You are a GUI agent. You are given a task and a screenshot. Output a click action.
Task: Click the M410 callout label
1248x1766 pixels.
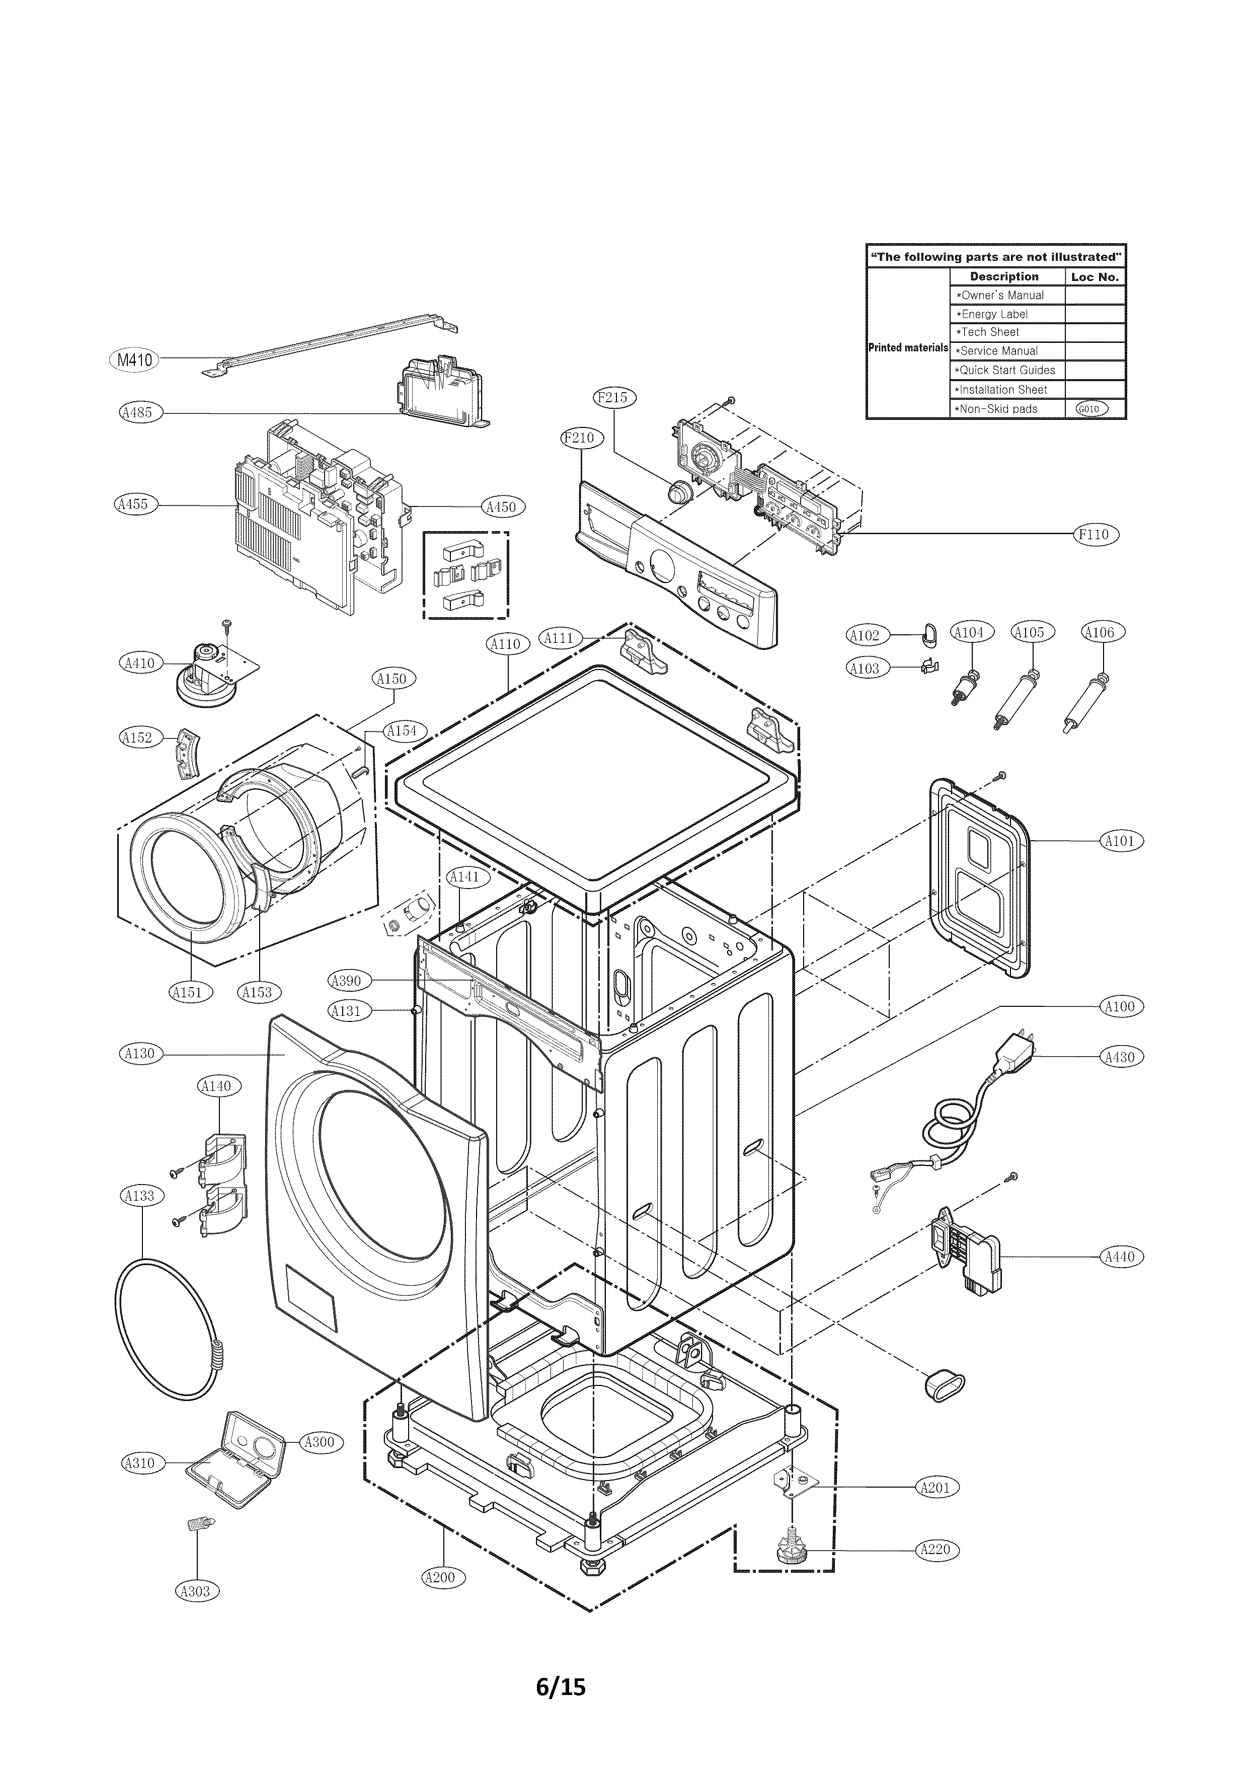coord(134,359)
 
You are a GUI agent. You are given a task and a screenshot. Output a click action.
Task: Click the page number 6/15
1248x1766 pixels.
coord(561,1680)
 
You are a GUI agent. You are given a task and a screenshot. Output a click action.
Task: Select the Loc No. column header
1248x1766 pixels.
coord(1095,277)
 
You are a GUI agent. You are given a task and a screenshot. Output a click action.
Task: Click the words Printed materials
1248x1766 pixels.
coord(908,348)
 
